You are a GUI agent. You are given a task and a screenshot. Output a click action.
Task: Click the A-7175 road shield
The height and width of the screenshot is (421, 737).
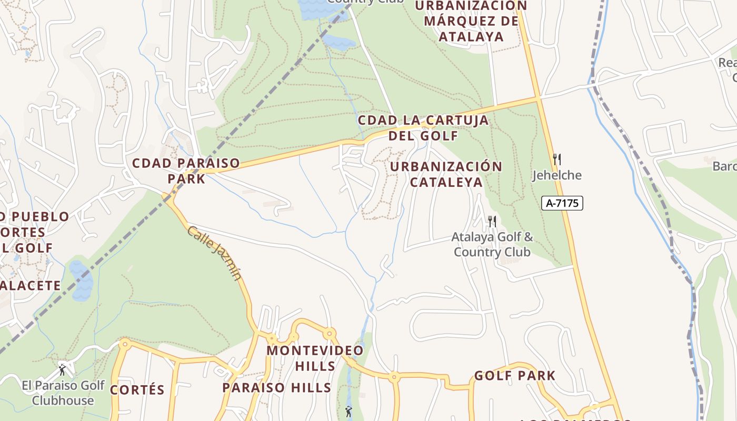(x=562, y=203)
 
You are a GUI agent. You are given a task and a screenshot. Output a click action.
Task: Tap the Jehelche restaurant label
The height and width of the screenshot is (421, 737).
(x=556, y=175)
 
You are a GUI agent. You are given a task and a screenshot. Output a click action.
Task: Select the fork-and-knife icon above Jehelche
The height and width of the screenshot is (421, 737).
(x=556, y=159)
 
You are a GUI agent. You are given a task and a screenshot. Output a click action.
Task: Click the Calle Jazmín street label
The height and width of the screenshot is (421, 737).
(x=214, y=253)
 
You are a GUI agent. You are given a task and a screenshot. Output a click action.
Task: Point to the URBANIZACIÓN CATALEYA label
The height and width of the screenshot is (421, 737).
(x=446, y=174)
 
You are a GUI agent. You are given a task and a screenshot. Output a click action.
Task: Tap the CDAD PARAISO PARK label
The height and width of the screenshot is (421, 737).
(x=186, y=171)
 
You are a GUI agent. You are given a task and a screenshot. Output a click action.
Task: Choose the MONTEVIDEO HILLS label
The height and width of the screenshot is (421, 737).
(x=315, y=358)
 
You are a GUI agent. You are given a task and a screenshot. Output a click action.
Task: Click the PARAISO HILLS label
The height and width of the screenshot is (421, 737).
(x=276, y=388)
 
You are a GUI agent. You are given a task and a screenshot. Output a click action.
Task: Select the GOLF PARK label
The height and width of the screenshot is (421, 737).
(x=514, y=376)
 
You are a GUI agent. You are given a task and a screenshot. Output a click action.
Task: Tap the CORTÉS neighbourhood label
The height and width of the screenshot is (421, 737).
(x=137, y=390)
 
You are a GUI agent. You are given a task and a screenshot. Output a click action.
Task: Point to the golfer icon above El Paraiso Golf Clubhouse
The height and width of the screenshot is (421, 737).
(x=62, y=369)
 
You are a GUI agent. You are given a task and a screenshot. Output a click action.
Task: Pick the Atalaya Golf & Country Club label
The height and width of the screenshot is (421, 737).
(x=492, y=245)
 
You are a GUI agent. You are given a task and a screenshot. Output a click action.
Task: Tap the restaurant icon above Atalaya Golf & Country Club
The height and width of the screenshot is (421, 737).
(x=492, y=221)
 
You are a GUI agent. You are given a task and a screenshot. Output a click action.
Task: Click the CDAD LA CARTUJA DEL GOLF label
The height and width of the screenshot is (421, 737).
(x=423, y=127)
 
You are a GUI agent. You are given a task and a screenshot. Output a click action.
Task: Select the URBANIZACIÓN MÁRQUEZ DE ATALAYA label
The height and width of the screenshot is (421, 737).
(x=471, y=21)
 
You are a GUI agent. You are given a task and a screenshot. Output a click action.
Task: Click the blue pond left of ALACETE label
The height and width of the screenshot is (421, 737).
(x=81, y=280)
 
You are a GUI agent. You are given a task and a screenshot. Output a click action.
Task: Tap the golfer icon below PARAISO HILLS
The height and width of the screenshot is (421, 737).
(x=348, y=412)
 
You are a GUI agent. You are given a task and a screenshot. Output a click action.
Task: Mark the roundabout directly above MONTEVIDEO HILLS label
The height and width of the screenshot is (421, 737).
(x=330, y=333)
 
